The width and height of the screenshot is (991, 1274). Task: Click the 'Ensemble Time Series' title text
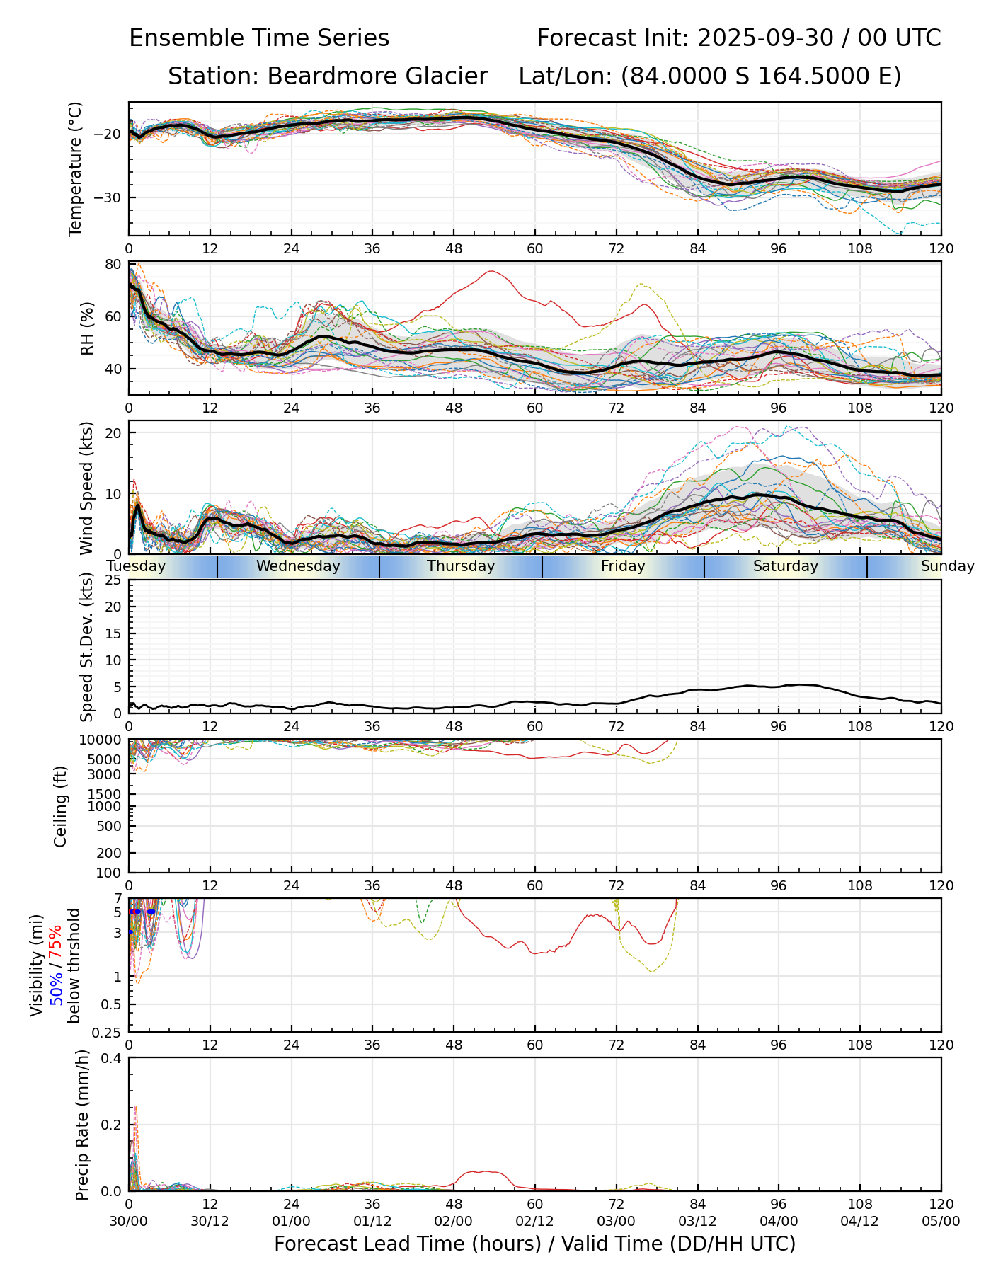tap(259, 38)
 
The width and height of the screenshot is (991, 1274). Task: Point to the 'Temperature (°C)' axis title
tap(76, 168)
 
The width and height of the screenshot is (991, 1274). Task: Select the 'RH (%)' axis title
tap(87, 328)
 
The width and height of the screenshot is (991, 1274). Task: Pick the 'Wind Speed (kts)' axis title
tap(87, 488)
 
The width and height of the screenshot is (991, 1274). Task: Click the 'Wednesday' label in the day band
tap(298, 566)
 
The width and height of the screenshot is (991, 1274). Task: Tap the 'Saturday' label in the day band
tap(785, 566)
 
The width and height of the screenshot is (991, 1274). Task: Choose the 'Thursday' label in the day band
tap(461, 566)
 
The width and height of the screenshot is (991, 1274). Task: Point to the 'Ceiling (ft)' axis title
tap(61, 806)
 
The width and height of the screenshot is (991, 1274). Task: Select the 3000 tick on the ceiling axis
tap(110, 774)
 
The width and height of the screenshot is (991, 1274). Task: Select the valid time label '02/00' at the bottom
tap(454, 1222)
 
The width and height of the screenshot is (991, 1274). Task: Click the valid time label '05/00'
tap(941, 1222)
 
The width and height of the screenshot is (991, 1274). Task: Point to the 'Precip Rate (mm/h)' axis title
tap(83, 1125)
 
